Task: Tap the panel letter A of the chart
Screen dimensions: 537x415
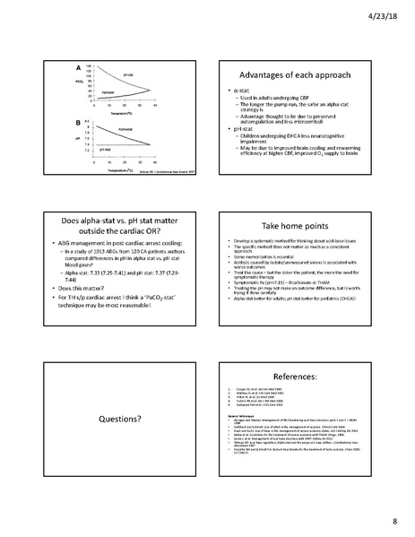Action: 79,67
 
